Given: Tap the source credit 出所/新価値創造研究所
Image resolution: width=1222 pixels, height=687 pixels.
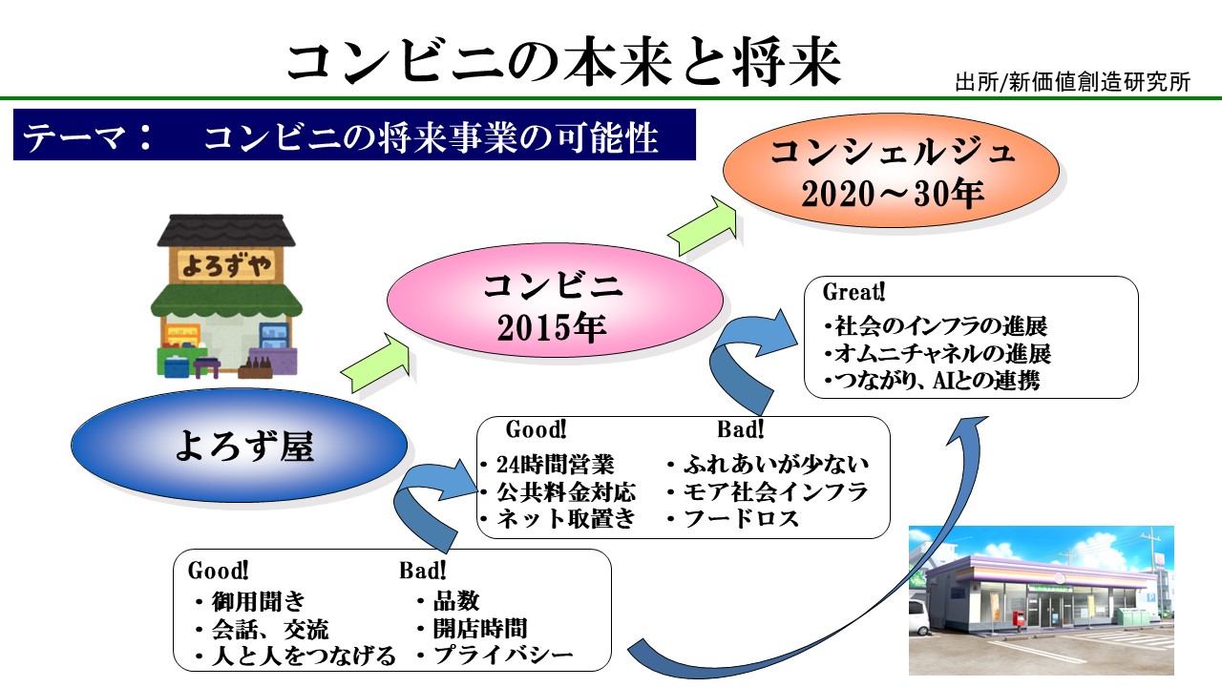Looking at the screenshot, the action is point(1072,82).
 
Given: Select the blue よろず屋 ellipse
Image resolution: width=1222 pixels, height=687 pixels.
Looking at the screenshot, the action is point(239,445).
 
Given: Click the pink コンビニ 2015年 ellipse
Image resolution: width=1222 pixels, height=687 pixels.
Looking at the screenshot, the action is point(555,301).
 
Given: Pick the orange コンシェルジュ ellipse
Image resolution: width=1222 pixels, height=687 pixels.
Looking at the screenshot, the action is point(891,171).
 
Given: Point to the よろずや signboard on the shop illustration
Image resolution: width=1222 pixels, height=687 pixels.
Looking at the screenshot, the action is point(226,265).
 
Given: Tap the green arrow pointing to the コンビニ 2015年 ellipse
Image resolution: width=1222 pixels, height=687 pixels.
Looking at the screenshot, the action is point(376,363).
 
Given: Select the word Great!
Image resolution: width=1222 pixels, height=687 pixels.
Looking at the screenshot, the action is point(853,292).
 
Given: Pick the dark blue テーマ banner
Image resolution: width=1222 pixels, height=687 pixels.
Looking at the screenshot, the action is point(354,135).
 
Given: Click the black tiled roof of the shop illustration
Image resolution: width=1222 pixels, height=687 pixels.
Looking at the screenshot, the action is point(226,230).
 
